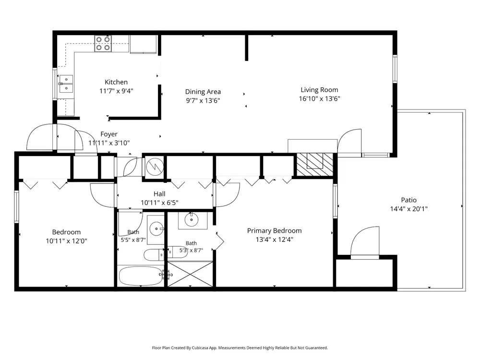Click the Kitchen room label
[x=116, y=82]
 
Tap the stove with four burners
[x=103, y=44]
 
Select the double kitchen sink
[x=66, y=84]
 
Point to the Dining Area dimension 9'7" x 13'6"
[x=203, y=100]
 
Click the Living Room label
[x=319, y=90]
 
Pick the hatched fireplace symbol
[x=315, y=165]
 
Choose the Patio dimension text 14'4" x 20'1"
[x=408, y=209]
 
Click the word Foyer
[x=109, y=134]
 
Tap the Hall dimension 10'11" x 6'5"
[x=159, y=203]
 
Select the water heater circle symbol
[x=155, y=167]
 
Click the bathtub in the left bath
[x=141, y=276]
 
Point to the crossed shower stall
[x=190, y=274]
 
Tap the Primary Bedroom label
[x=274, y=230]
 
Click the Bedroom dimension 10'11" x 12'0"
[x=66, y=241]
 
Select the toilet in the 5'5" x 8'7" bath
[x=154, y=255]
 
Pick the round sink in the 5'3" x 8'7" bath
[x=192, y=219]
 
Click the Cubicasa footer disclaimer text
[x=240, y=348]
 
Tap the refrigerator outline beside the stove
[x=143, y=44]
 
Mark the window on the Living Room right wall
[x=395, y=69]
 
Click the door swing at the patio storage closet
[x=365, y=242]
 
